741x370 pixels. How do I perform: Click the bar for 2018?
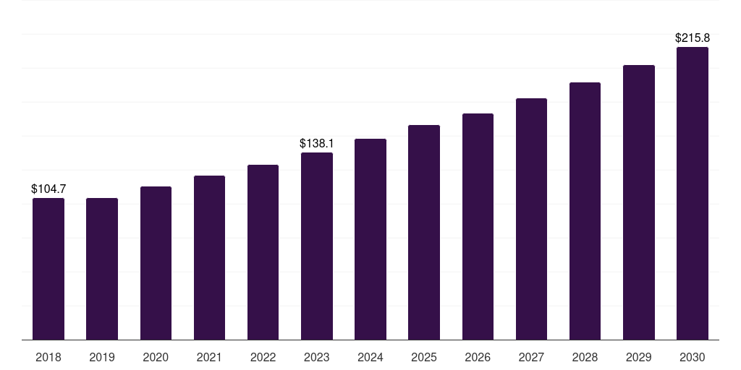coord(48,269)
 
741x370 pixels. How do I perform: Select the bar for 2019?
coord(102,269)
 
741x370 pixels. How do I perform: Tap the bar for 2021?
coord(209,258)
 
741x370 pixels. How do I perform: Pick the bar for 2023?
coord(317,246)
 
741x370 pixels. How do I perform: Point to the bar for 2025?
coord(424,233)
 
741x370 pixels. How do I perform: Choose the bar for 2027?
coord(531,219)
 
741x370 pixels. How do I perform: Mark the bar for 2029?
coord(639,202)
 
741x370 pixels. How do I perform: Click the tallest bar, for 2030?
coord(693,194)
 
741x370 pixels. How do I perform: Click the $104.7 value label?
coord(48,189)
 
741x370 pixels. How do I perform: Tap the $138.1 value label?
coord(317,144)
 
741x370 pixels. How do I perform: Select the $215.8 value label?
coord(693,38)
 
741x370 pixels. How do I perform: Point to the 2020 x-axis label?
coord(156,357)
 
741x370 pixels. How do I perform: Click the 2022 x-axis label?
coord(263,357)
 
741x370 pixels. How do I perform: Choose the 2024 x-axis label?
coord(370,357)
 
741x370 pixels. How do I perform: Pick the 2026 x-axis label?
coord(478,357)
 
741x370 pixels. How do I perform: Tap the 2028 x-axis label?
coord(585,357)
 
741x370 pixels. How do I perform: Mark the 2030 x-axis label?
coord(693,357)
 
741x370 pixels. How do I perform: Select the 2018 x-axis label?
coord(48,357)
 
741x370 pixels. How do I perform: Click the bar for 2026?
coord(478,226)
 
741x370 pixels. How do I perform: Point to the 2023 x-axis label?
coord(317,357)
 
